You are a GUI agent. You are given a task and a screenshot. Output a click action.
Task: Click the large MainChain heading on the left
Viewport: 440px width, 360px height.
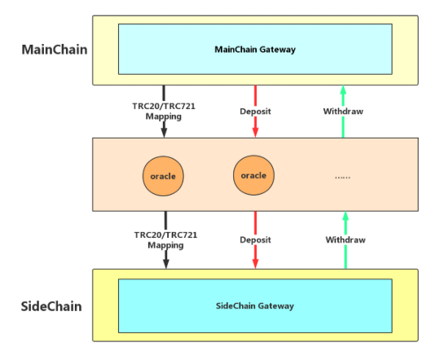tap(55, 50)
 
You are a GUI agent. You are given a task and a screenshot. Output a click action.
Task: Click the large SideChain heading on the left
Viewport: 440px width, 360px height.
tap(51, 306)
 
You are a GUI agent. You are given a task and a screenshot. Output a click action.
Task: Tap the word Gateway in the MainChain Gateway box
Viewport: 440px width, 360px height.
tap(277, 50)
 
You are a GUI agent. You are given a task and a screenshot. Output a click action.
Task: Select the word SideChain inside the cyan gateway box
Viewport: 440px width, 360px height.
tap(235, 305)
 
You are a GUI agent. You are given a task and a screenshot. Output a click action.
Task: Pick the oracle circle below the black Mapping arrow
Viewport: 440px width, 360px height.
tap(163, 176)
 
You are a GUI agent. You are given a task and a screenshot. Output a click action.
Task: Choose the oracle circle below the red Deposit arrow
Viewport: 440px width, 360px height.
tap(253, 175)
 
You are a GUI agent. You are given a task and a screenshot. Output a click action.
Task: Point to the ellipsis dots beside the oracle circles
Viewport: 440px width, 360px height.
tap(342, 178)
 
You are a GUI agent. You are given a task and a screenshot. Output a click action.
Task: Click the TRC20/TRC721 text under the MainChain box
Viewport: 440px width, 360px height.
tap(164, 107)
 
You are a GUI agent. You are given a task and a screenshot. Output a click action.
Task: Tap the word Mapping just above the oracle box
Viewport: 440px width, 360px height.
tap(163, 116)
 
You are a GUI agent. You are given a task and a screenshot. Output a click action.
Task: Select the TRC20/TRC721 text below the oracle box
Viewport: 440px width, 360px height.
tap(165, 235)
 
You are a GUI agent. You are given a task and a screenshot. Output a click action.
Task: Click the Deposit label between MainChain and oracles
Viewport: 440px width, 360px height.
tap(255, 112)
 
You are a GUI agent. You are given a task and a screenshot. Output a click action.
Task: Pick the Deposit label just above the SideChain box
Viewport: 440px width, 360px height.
tap(255, 240)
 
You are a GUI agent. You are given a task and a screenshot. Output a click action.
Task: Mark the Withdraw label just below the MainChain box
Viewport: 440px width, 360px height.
tap(343, 112)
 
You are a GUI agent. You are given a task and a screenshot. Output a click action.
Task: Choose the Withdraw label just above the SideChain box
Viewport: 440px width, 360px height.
tap(345, 240)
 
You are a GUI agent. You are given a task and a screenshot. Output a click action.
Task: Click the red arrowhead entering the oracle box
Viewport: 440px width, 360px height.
tap(255, 133)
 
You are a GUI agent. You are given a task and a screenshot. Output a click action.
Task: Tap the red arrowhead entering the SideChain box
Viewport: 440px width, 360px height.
tap(255, 264)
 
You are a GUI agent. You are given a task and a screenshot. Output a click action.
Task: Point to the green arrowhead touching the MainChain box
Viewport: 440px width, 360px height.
tap(343, 90)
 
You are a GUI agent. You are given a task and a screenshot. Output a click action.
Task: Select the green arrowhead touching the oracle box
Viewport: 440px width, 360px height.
tap(345, 216)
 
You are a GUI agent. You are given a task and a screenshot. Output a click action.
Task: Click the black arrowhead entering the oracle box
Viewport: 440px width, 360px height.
tap(164, 133)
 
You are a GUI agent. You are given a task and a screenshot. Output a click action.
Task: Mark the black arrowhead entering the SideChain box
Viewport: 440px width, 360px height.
tap(166, 264)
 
